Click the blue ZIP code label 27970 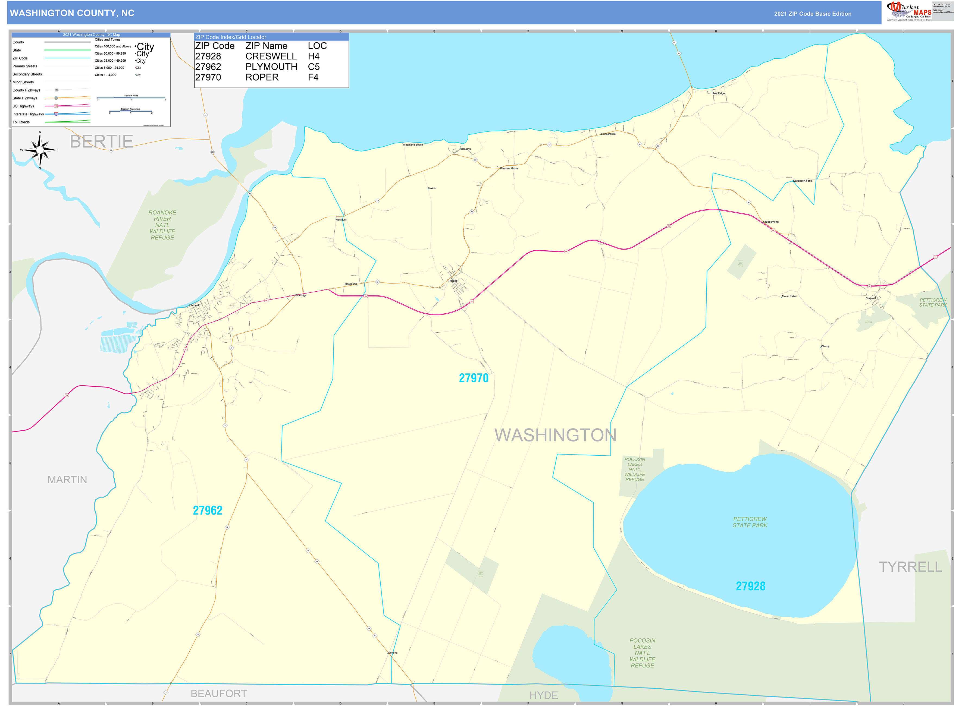coord(473,378)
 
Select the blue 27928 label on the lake coord(750,586)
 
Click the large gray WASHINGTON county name coord(555,435)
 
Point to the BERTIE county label coord(101,141)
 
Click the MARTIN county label coord(67,480)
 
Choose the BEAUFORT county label coord(218,693)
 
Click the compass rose coord(40,150)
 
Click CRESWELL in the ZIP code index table coord(271,56)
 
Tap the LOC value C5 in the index coord(314,67)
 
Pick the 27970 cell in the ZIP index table coord(208,77)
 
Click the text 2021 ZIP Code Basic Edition coord(812,14)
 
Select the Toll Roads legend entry coord(21,122)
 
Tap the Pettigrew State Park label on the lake coord(750,522)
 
